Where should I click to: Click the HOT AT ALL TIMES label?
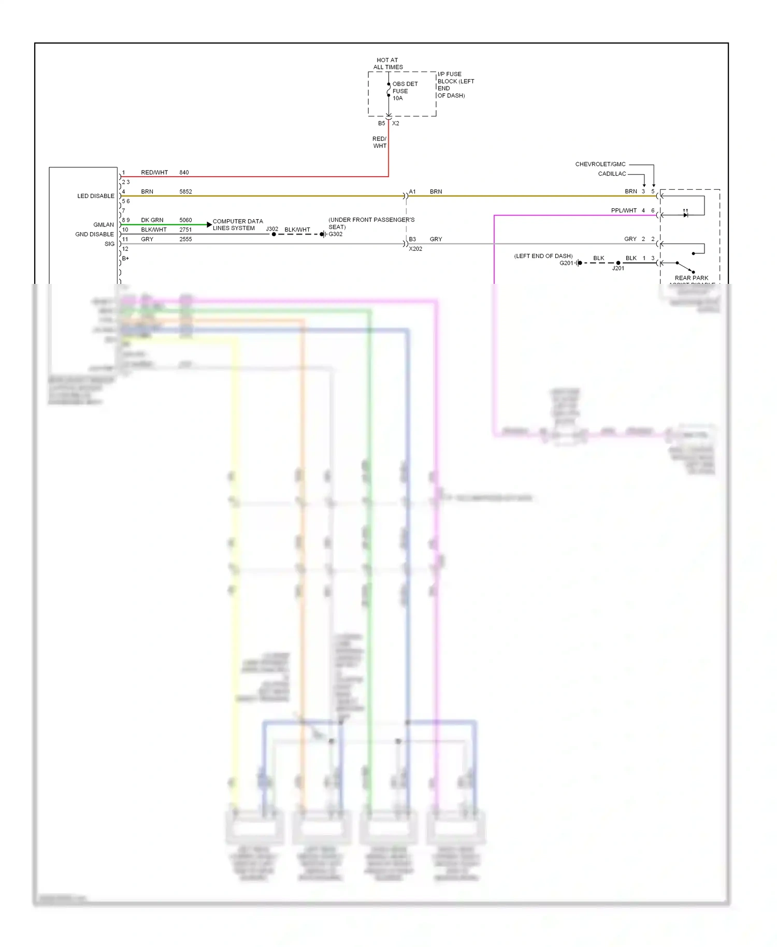point(388,64)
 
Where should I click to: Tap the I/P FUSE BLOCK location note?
point(455,85)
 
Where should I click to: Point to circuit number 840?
point(184,173)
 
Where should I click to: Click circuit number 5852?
point(185,192)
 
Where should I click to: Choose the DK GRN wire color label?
point(152,220)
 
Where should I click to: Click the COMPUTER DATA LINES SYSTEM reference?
point(237,225)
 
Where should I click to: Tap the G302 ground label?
point(335,234)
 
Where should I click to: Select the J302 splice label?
point(272,229)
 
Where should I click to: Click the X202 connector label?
point(415,249)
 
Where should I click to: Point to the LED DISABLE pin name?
point(96,196)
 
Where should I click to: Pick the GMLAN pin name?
point(104,225)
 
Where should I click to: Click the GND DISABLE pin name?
point(94,235)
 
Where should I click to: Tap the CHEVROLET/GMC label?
point(600,164)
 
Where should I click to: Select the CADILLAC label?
point(612,174)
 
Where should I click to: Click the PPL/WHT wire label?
point(624,211)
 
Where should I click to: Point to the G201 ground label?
point(566,263)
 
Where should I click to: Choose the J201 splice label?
point(618,268)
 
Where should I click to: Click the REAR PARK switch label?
point(691,278)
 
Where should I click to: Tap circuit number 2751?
point(185,230)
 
